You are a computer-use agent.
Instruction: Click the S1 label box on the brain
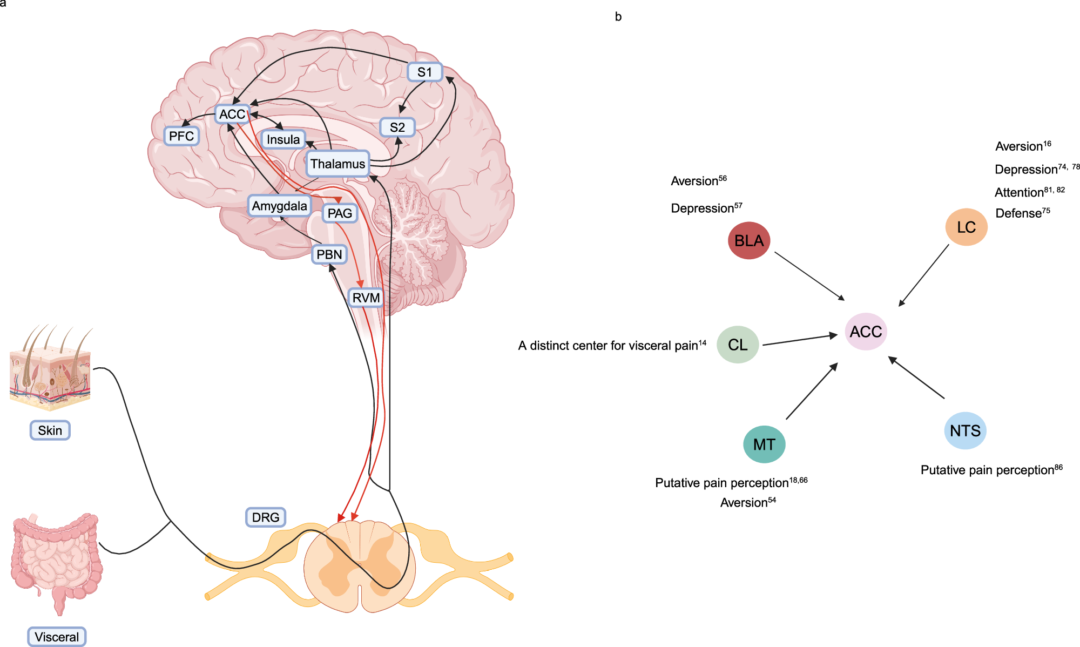(x=424, y=72)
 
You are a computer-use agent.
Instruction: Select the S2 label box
(x=397, y=127)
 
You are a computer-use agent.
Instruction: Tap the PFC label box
(x=181, y=136)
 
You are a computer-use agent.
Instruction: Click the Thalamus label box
(x=337, y=164)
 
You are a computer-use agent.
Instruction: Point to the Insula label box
(x=283, y=139)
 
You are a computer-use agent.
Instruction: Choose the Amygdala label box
(x=279, y=206)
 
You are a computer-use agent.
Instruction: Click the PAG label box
(x=340, y=213)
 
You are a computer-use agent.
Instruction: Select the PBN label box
(x=329, y=254)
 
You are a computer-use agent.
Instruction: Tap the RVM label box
(x=366, y=298)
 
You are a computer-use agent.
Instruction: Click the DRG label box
(x=265, y=517)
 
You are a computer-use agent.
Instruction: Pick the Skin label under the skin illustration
(x=50, y=430)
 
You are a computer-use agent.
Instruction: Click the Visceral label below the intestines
(x=57, y=637)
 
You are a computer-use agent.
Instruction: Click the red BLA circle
(x=748, y=240)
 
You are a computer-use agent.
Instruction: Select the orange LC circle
(x=966, y=227)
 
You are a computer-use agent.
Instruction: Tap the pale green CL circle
(x=738, y=345)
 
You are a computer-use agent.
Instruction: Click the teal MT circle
(x=764, y=444)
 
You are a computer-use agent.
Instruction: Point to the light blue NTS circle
(x=965, y=430)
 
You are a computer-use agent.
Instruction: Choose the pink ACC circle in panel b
(x=866, y=332)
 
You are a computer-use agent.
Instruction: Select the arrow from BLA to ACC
(x=809, y=275)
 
